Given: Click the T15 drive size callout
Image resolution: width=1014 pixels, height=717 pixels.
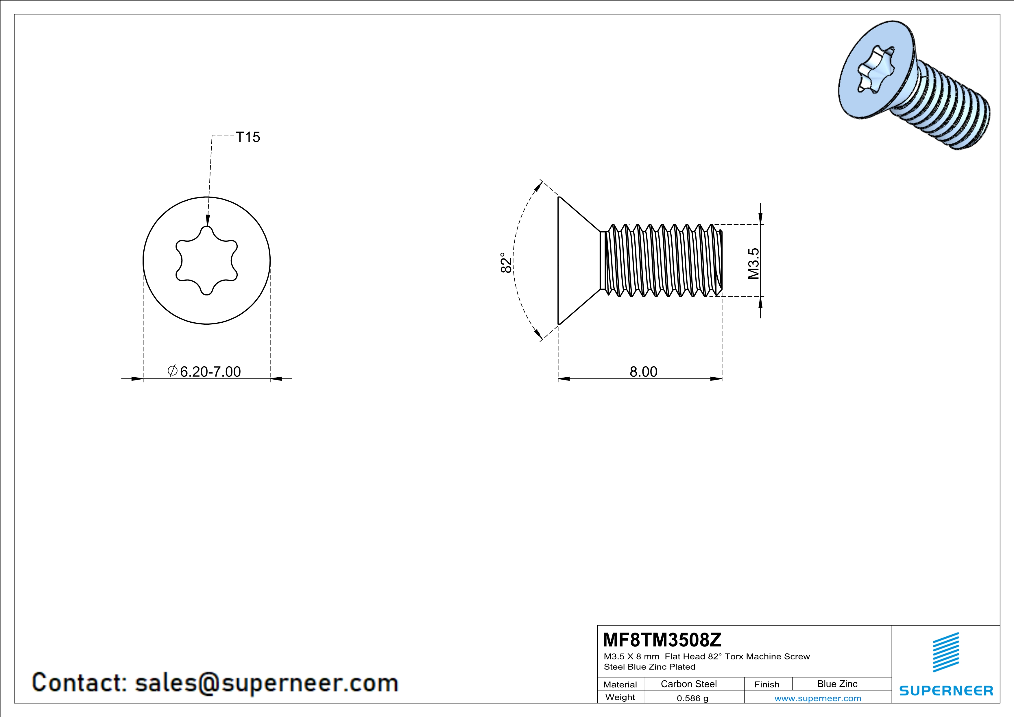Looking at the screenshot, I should pos(248,137).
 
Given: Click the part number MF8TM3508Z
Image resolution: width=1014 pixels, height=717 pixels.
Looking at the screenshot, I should pos(662,639).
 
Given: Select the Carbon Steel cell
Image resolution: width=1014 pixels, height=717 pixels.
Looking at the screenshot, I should pos(688,684).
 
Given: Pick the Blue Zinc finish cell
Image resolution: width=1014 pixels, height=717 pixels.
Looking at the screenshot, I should pos(837,684).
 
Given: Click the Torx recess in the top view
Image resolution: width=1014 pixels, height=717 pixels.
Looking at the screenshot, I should pos(207,260).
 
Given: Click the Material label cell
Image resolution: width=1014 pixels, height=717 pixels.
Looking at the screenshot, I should pos(620,684).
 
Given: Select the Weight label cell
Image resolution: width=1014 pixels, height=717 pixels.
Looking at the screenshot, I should pos(620,697).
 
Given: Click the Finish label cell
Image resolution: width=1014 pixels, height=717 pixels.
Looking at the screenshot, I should pos(767,684).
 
